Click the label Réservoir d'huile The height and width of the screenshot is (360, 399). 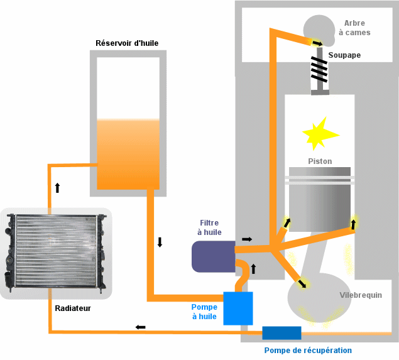coord(126,43)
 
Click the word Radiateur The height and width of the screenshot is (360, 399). coord(73,308)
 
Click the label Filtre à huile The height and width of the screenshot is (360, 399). coord(209,227)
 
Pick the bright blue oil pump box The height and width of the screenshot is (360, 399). coord(238,308)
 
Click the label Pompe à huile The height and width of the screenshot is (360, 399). coord(204,312)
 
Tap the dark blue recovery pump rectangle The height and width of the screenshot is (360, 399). coord(281,332)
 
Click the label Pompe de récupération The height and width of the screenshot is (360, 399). coord(308,350)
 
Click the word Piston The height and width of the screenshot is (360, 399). coord(320,161)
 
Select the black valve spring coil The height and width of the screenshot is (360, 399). coord(320,70)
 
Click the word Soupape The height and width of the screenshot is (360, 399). coord(344,55)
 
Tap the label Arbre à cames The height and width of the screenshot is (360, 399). coord(354,28)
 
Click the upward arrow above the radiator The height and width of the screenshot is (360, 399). coord(58,187)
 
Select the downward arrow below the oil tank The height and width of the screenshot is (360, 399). coord(160,243)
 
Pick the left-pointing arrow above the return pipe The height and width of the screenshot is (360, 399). coord(141,327)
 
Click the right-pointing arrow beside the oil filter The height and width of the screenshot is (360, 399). coord(247,239)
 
